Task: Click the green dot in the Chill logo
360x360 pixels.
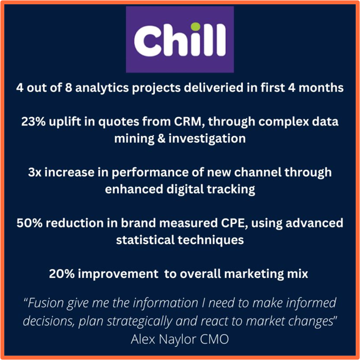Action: pos(196,27)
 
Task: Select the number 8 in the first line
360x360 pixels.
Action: pos(68,88)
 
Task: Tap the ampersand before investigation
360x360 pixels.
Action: pos(161,138)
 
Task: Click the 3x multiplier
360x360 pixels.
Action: pos(35,172)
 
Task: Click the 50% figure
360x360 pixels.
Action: pos(30,223)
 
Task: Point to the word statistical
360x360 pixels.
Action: pos(146,240)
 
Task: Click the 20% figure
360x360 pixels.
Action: pos(62,274)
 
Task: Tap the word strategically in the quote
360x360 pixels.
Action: pos(140,321)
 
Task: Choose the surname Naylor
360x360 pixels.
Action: pos(178,339)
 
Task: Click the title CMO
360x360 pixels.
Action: pos(214,339)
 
